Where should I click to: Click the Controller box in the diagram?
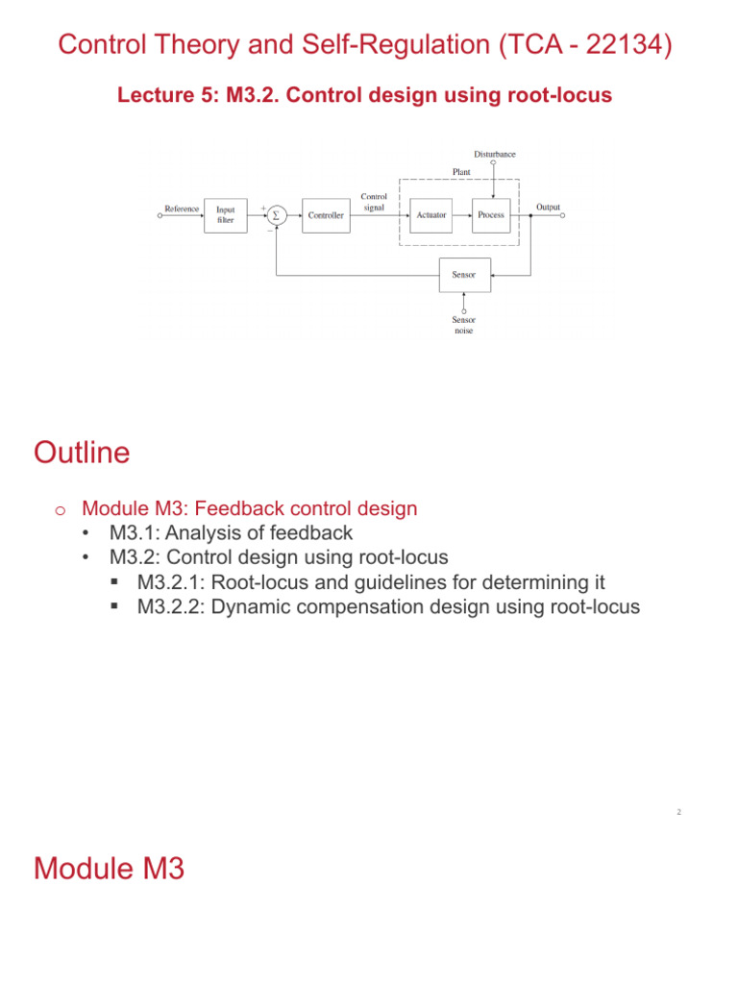point(326,215)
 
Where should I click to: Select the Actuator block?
point(431,215)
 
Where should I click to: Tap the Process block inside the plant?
point(490,215)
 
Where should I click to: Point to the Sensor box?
point(464,275)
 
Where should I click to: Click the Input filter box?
point(225,215)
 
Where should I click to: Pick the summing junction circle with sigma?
point(276,215)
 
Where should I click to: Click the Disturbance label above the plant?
point(494,154)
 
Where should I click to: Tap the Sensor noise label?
point(464,325)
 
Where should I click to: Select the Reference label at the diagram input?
point(182,209)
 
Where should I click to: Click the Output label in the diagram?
point(548,207)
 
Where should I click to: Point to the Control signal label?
point(374,202)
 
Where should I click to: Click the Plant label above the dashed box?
point(462,171)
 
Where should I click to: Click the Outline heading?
point(82,453)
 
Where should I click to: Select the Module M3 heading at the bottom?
point(109,869)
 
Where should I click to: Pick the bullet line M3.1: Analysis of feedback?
point(231,532)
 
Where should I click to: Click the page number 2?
point(678,812)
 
